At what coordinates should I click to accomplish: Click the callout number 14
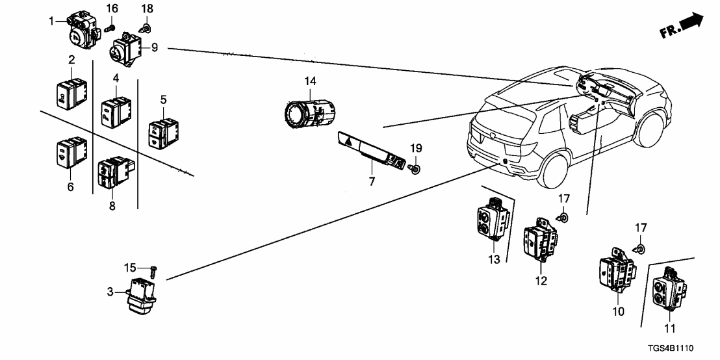click(x=310, y=81)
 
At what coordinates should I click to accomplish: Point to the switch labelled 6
click(x=71, y=153)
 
